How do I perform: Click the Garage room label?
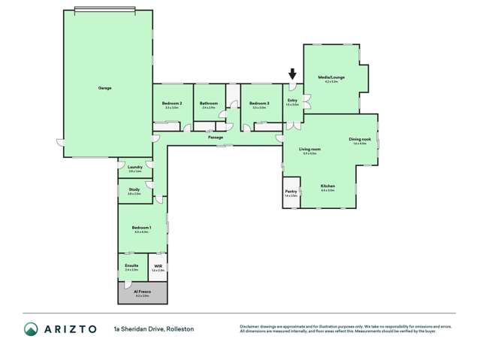(104, 88)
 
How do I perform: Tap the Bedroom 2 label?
(171, 103)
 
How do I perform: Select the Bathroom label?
(209, 103)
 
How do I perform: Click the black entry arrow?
(293, 74)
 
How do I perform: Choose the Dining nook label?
(359, 139)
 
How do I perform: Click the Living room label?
(309, 150)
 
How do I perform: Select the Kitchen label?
(328, 186)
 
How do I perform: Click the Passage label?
(216, 137)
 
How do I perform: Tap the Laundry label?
(135, 168)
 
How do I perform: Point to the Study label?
(134, 190)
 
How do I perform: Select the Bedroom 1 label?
(141, 228)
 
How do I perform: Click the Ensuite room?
(132, 267)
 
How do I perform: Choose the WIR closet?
(158, 267)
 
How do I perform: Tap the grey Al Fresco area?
(142, 292)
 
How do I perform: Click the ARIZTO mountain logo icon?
(31, 328)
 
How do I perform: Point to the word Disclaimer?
(251, 326)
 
